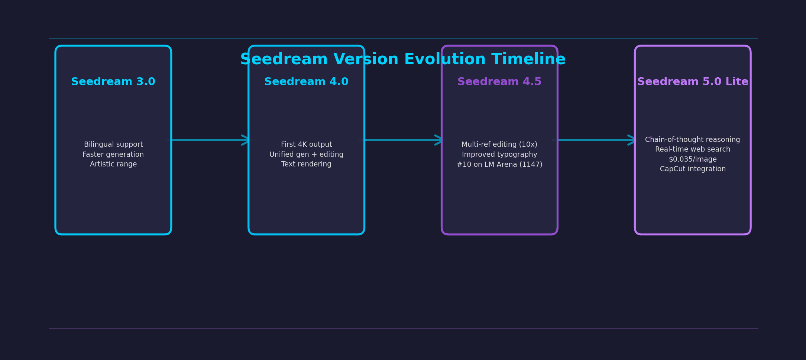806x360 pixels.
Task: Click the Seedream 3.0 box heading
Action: pos(113,82)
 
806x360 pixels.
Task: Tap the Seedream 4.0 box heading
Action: pos(306,82)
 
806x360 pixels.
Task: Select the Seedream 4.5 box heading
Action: pos(499,82)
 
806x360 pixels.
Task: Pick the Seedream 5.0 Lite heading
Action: pos(693,82)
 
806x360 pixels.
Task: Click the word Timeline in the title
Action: pos(528,59)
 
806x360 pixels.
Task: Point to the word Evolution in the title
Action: pos(444,59)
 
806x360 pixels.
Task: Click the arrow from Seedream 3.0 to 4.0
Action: pos(210,140)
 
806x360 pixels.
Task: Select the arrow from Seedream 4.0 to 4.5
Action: pos(403,140)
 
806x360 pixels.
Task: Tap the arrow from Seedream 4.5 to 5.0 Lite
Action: pos(596,140)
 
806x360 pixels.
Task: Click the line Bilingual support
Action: pos(113,145)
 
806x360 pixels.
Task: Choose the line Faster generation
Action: pos(113,155)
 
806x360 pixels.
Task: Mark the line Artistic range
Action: pos(113,164)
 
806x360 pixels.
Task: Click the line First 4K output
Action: pos(307,145)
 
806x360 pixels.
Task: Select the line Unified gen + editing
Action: pos(307,155)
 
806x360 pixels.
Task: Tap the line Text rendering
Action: pos(307,164)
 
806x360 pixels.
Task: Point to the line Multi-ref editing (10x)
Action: pos(499,145)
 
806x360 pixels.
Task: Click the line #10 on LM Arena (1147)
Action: pos(499,165)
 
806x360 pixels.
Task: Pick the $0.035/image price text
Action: pos(693,159)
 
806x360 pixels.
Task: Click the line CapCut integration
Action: pos(693,169)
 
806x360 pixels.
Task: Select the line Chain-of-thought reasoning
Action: pos(693,140)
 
